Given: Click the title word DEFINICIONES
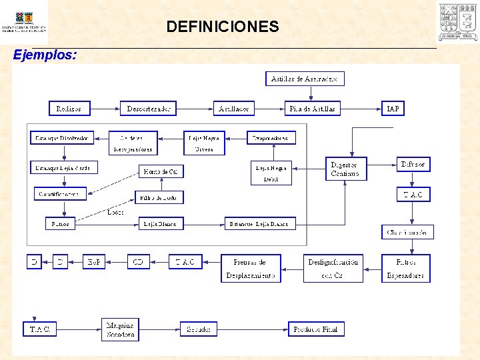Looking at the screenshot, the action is (223, 27).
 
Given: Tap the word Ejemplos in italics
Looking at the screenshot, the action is (45, 55).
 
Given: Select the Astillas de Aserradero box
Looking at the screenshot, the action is (305, 79).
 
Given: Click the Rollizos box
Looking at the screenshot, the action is (69, 108).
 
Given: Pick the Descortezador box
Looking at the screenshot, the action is (148, 108).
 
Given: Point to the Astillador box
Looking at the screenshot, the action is (234, 108).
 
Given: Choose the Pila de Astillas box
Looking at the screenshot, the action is (312, 108).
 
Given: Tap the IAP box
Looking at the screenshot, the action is (393, 108).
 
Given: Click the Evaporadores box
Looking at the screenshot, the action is (271, 137).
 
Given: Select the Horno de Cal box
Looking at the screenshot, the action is (161, 171).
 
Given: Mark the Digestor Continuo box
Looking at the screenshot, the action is (345, 169).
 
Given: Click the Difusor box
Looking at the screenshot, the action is (413, 164).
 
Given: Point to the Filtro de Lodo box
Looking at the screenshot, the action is (159, 197).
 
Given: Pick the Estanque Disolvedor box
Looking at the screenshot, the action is (62, 137).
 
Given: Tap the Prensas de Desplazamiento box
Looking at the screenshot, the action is (251, 269).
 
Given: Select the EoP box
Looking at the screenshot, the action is (94, 262).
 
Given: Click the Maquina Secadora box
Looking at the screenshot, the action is (120, 330).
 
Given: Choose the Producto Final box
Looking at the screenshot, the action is (316, 329).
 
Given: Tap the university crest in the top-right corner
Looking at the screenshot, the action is (457, 21).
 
